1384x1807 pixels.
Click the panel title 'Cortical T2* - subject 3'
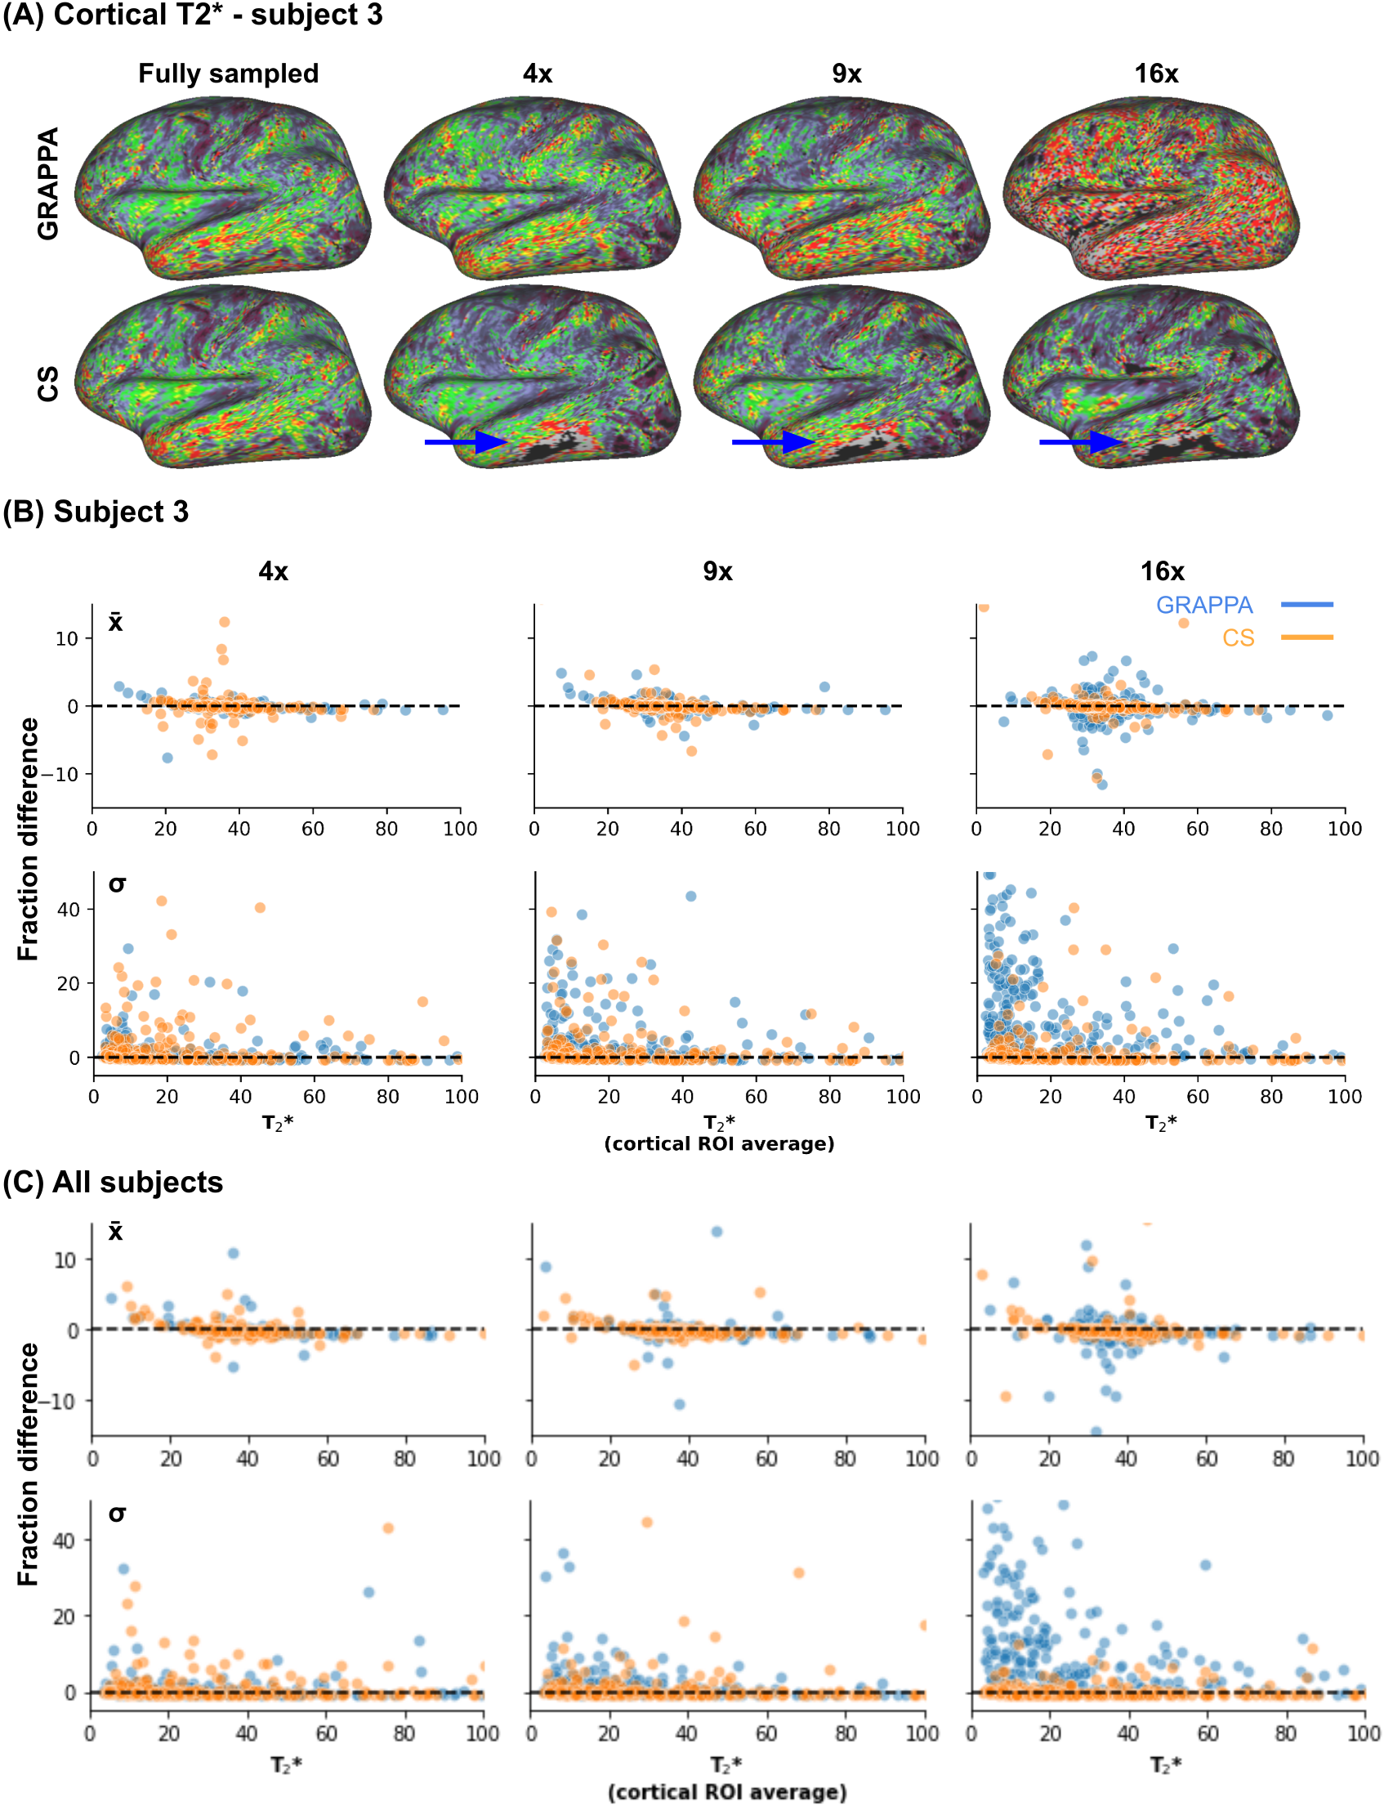(217, 16)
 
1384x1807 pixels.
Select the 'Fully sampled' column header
(228, 74)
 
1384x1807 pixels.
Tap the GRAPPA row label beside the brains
(47, 183)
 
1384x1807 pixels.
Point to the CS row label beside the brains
(47, 384)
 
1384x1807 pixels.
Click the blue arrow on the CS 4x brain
(466, 442)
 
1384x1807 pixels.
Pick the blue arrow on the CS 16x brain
(1080, 442)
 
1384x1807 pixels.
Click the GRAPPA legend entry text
(1203, 605)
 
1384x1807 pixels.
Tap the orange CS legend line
(1306, 637)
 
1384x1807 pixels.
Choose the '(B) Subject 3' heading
(96, 512)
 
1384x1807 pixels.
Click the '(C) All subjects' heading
(113, 1183)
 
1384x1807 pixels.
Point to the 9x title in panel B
(717, 571)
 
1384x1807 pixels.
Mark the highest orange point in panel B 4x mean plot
(224, 622)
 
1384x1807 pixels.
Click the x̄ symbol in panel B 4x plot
(115, 622)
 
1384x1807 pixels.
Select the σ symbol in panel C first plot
(117, 1513)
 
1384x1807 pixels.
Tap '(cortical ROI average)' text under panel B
(719, 1143)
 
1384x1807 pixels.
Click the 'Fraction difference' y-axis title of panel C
(28, 1464)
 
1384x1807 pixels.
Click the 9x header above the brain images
(846, 74)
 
